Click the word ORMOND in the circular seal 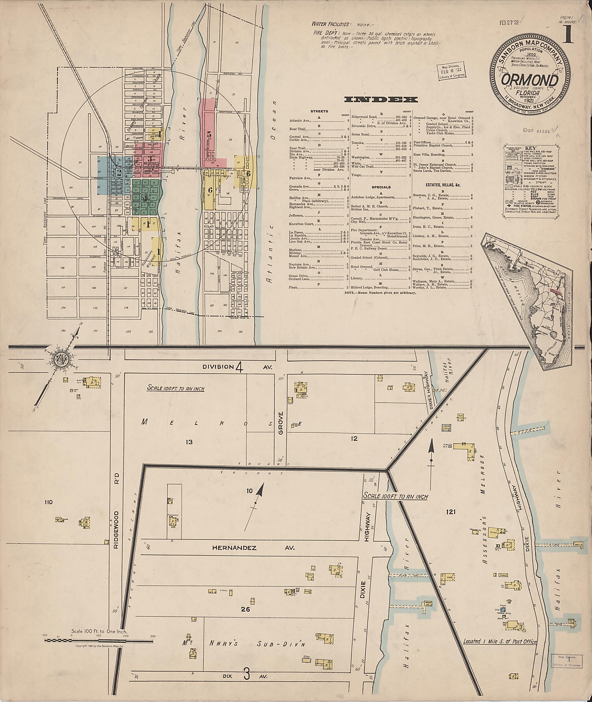(530, 81)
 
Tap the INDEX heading (381, 100)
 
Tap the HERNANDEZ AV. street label (254, 548)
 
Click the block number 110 (48, 502)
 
